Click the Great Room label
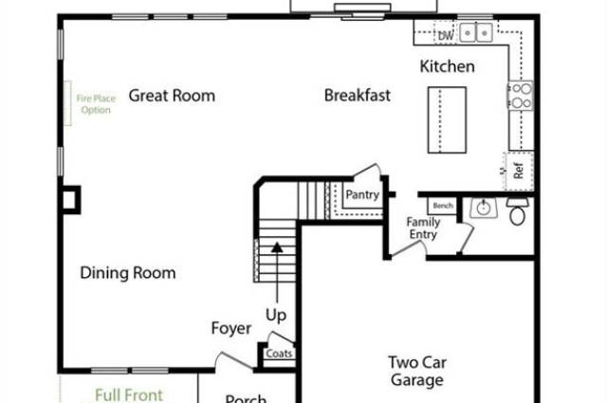tap(172, 95)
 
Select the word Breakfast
tap(358, 95)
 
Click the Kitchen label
tap(448, 66)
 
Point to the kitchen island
tap(447, 119)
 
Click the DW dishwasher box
tap(444, 35)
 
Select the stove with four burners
tap(522, 97)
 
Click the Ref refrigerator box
tap(519, 172)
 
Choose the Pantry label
tap(362, 195)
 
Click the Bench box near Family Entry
tap(442, 205)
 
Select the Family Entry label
tap(423, 229)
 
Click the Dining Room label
tap(128, 273)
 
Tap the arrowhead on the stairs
tap(277, 248)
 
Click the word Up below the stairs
tap(276, 314)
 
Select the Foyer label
tap(231, 329)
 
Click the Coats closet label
tap(280, 354)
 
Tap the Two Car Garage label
tap(416, 371)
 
